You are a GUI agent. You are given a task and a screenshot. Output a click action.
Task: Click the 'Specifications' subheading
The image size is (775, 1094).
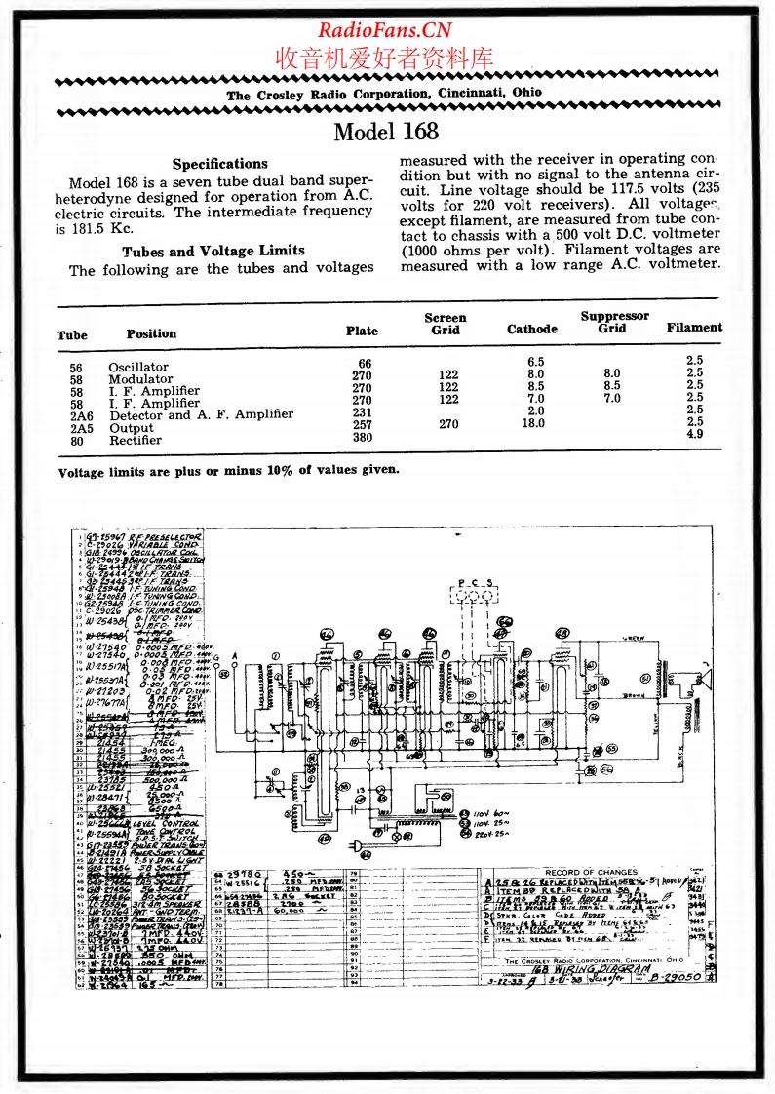tap(219, 164)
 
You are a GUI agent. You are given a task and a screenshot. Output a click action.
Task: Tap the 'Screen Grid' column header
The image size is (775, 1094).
tap(446, 324)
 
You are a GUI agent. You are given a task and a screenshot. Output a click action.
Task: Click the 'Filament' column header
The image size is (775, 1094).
tap(694, 328)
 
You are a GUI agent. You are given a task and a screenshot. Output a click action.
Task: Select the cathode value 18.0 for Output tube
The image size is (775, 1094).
tap(532, 424)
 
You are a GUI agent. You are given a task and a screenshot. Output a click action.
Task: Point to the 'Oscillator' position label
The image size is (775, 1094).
tap(137, 368)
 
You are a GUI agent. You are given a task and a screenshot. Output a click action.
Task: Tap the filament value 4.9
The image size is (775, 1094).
tap(721, 435)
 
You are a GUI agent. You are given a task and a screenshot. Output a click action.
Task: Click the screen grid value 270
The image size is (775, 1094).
tap(448, 424)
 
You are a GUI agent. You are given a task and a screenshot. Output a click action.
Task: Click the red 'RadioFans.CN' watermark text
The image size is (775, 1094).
tap(386, 28)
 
